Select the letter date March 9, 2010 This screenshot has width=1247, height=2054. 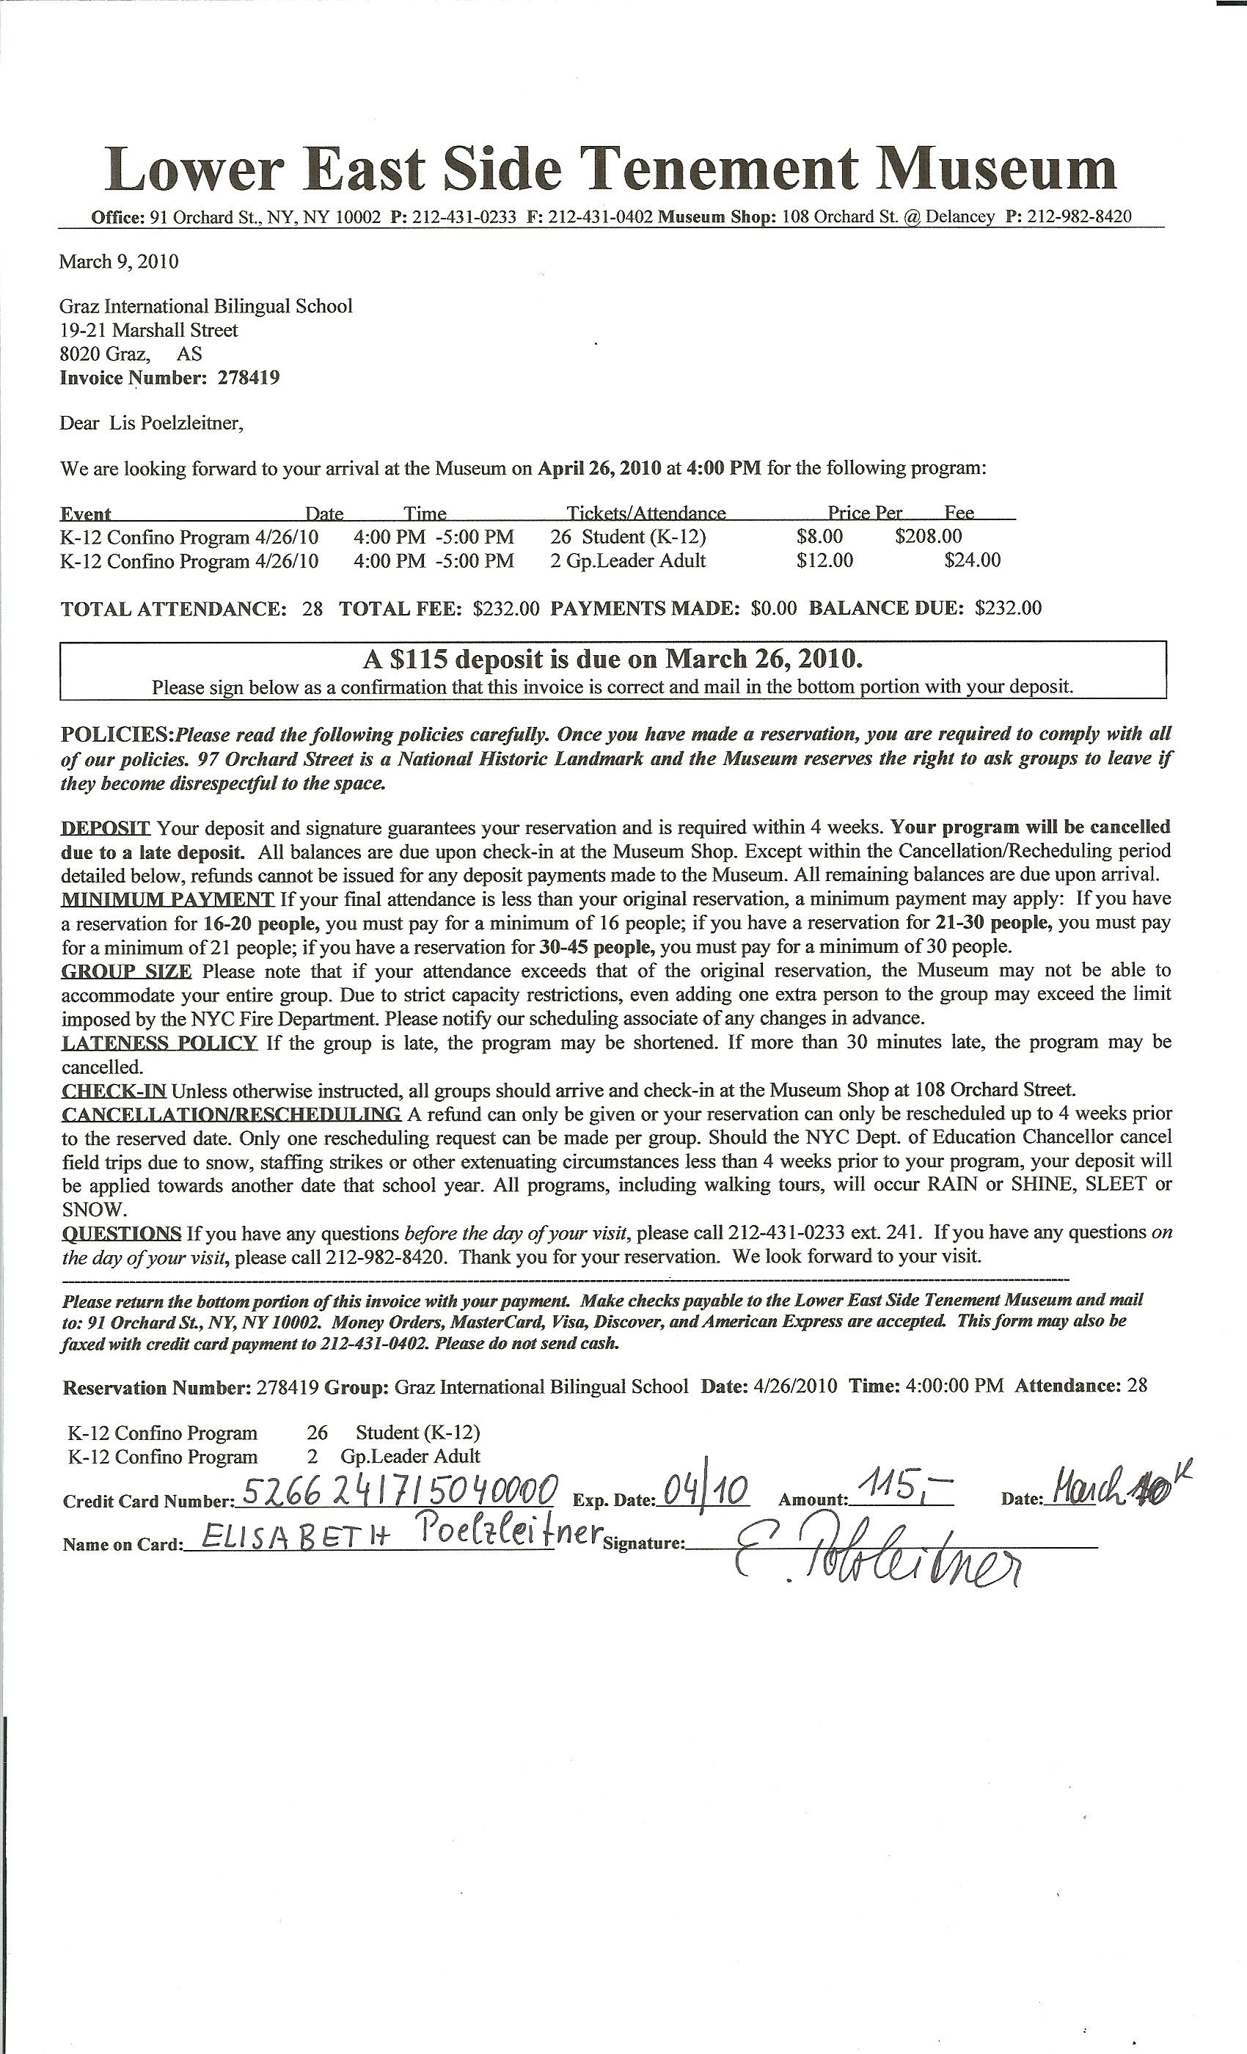(x=118, y=262)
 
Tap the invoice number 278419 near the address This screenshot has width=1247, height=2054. (x=249, y=378)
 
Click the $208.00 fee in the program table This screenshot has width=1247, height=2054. (x=929, y=536)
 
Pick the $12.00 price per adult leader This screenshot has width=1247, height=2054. (x=824, y=560)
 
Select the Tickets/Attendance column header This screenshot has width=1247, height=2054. (x=646, y=513)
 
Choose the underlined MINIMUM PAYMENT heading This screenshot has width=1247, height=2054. (x=167, y=899)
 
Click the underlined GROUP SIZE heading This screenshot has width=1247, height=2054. (x=127, y=971)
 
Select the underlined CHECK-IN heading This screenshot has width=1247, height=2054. (x=114, y=1089)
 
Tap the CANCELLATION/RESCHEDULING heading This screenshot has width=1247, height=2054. (x=232, y=1114)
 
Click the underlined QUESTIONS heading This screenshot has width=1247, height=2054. (x=122, y=1233)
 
